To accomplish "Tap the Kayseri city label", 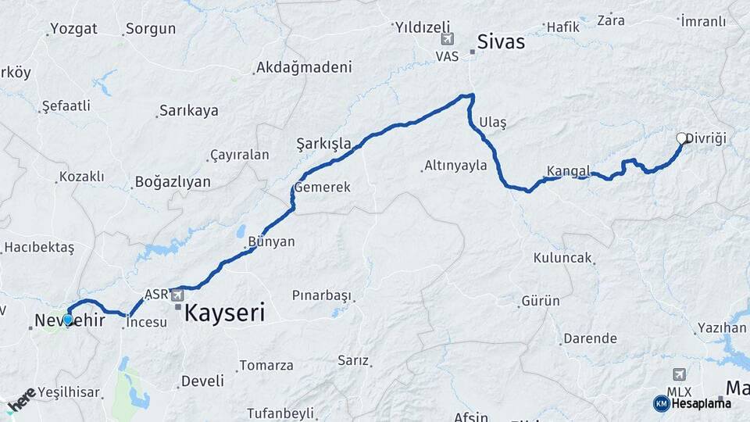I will [224, 313].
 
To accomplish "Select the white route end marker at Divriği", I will [681, 139].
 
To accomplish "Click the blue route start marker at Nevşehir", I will [68, 319].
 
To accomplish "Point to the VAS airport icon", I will [447, 40].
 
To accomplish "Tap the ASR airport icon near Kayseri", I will [177, 295].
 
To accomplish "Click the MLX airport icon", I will [677, 375].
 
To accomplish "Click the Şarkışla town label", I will [323, 143].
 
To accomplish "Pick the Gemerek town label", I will [322, 188].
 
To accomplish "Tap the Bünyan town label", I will [271, 241].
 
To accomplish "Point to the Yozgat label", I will [73, 29].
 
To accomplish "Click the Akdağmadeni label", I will [304, 67].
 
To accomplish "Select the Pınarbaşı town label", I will [321, 295].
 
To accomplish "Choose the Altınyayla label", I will [455, 165].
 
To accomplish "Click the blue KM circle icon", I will [661, 403].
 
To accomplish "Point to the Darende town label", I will [590, 338].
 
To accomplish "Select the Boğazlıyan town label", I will [173, 181].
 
